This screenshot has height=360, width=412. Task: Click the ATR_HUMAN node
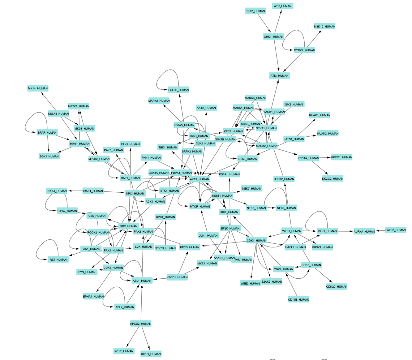click(283, 6)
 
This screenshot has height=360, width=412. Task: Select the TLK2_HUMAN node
click(255, 11)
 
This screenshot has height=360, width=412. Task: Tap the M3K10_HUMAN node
click(324, 27)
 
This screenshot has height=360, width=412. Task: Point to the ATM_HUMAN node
click(279, 76)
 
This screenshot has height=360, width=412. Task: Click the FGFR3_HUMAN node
click(178, 90)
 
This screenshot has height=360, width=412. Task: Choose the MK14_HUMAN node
click(38, 88)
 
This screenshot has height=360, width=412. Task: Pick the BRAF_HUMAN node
click(47, 133)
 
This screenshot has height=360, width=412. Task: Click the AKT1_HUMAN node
click(200, 179)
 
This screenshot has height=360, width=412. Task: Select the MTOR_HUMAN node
click(200, 207)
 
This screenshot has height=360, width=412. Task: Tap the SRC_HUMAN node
click(128, 226)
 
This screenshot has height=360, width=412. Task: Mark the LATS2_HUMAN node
click(395, 230)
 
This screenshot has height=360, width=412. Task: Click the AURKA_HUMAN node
click(364, 232)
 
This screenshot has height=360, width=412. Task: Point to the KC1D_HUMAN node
click(151, 354)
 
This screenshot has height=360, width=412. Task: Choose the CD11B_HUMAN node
click(298, 300)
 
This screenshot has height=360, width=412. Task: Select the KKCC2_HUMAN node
click(333, 179)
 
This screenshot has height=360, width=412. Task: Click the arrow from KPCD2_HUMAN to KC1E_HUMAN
click(133, 337)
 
